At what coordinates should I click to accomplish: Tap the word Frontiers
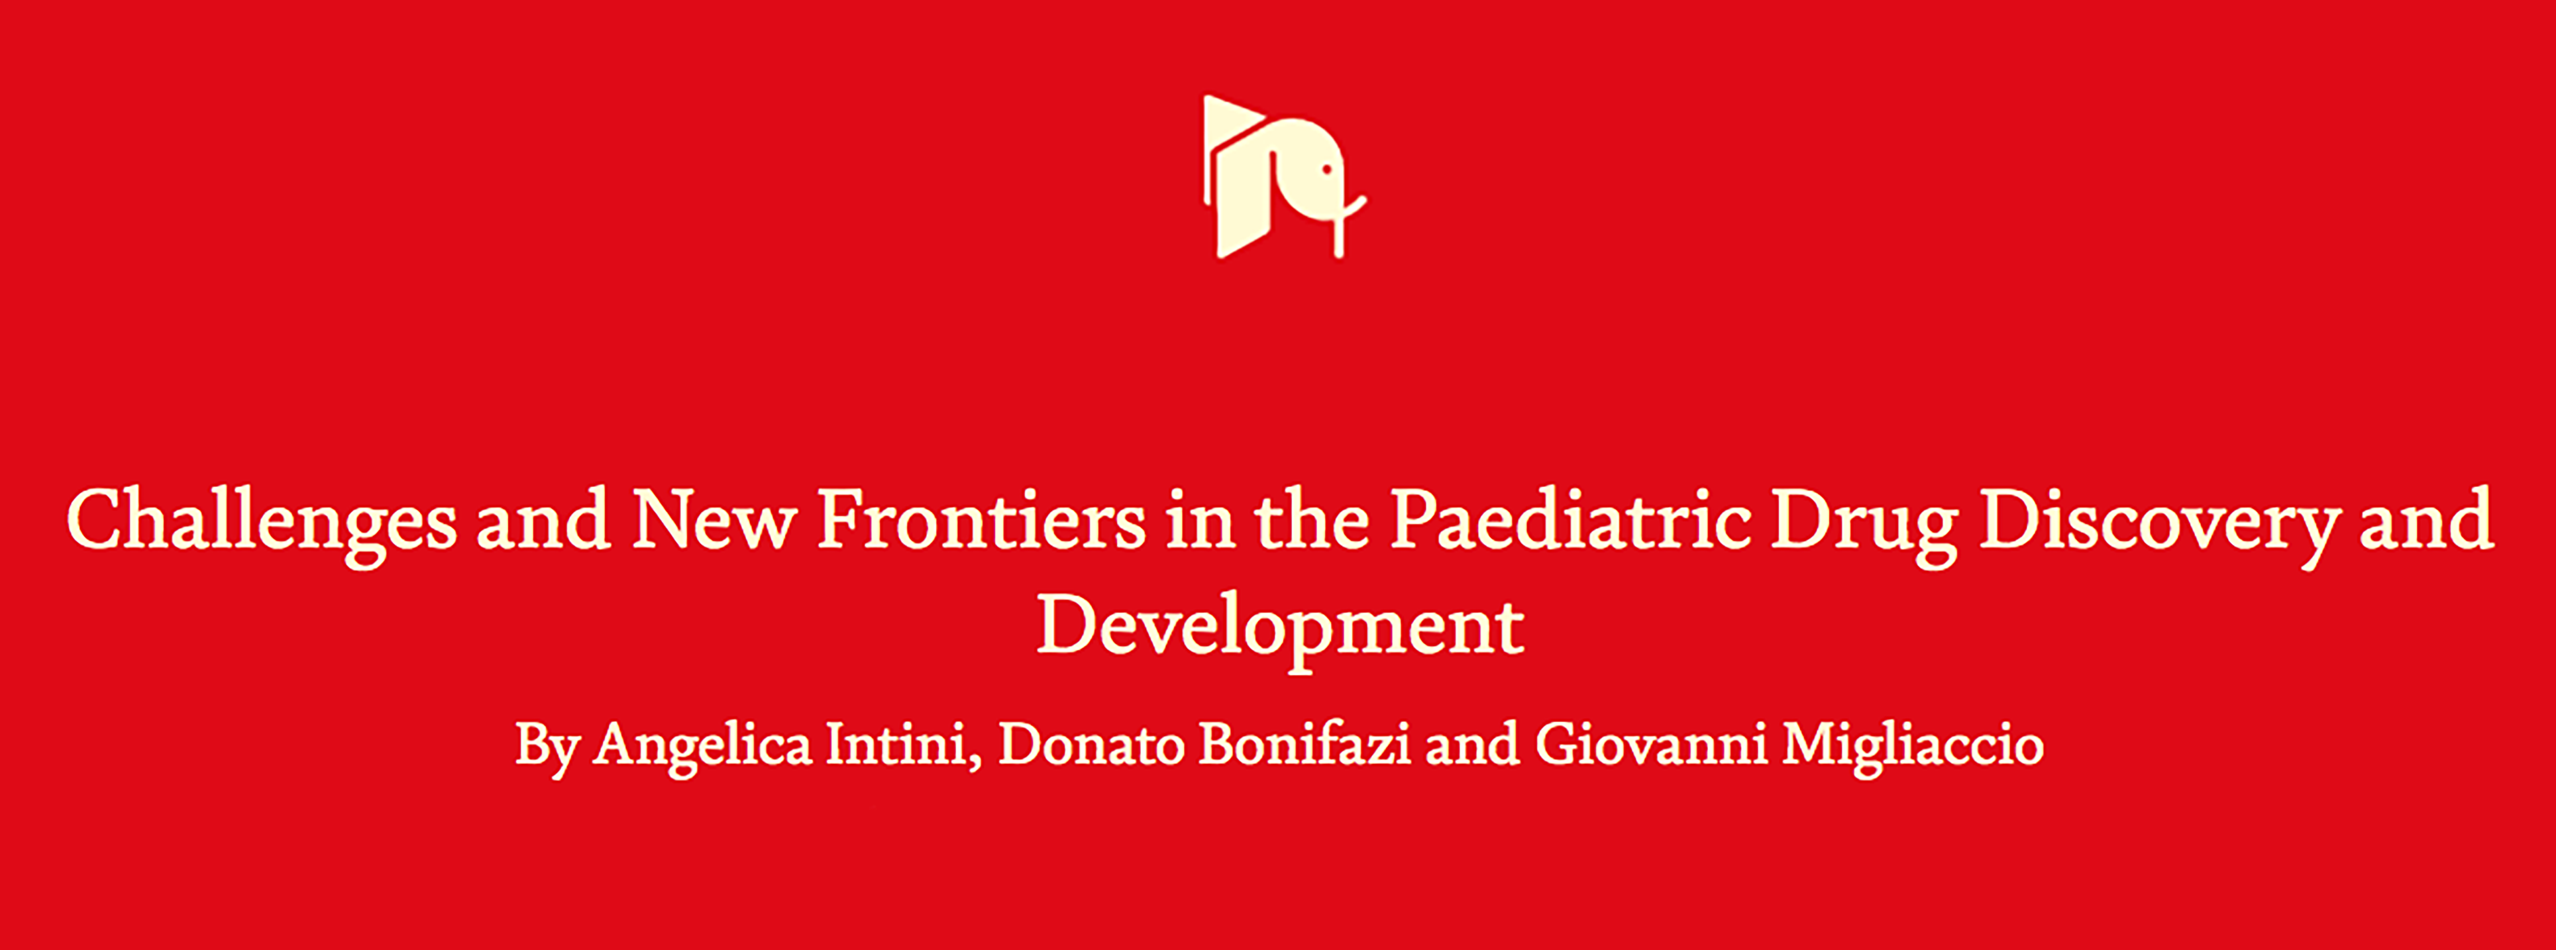pos(981,519)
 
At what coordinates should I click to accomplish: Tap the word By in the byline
pos(546,749)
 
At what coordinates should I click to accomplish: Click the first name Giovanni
pos(1651,745)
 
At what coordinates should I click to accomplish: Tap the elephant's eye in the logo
pos(1326,170)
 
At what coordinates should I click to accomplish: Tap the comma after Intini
pos(975,763)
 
